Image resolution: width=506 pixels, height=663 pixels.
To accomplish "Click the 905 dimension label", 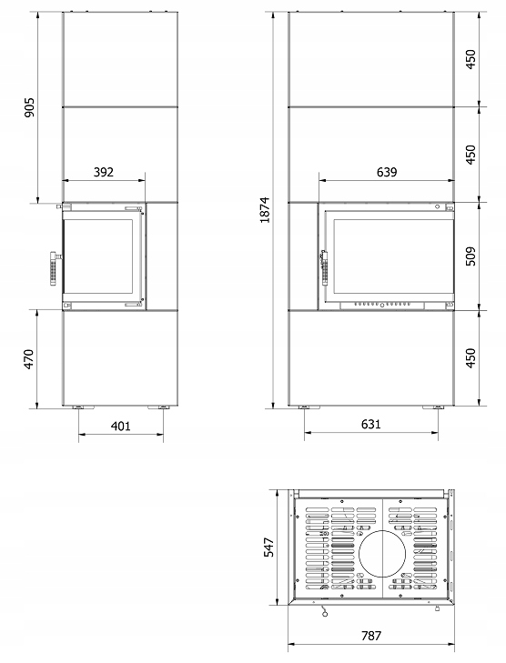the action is click(29, 107).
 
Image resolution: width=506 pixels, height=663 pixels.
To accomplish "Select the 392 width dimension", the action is click(104, 172).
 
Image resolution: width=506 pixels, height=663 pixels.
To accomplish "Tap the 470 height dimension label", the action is click(28, 359).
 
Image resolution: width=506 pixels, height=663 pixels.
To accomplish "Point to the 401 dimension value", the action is click(120, 426).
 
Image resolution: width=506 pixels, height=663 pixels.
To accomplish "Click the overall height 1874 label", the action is click(265, 210).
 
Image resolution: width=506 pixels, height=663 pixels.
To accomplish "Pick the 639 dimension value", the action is click(387, 172).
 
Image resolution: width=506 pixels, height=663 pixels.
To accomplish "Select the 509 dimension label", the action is click(471, 256).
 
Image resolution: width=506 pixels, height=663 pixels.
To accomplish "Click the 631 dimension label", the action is click(371, 424).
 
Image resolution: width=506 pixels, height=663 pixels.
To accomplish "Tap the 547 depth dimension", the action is click(269, 547).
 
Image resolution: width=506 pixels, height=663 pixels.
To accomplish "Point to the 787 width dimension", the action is click(371, 636).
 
